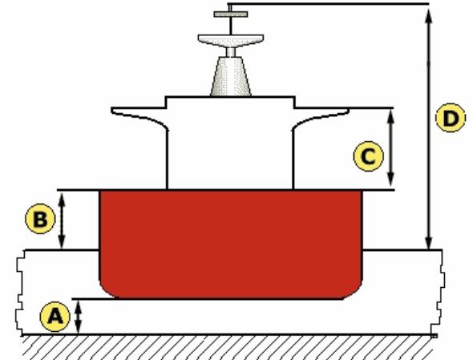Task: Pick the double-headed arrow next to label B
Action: coord(63,219)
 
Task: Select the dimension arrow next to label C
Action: coord(391,148)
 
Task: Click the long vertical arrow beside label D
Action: coord(429,128)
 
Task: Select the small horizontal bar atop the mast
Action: coord(230,13)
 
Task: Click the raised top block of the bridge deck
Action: coord(229,102)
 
